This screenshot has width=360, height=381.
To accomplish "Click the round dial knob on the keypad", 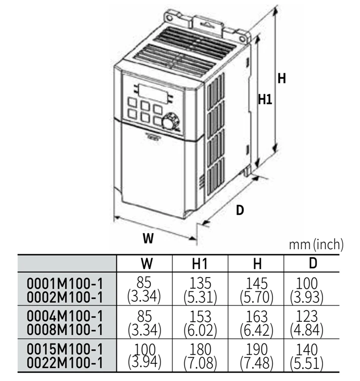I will coord(170,123).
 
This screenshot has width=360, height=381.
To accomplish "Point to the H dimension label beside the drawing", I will coord(282,79).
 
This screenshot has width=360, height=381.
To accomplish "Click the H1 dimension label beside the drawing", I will coord(265,100).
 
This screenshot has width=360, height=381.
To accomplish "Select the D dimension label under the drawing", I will coord(240,210).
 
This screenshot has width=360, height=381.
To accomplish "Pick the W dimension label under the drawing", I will coord(148,237).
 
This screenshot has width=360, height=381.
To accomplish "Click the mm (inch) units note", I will coord(316,245).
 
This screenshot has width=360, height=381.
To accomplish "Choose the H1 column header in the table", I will coord(201,263).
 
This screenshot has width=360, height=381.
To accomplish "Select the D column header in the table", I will coord(313,263).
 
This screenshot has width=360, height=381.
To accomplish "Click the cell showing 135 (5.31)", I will coord(201,289).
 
